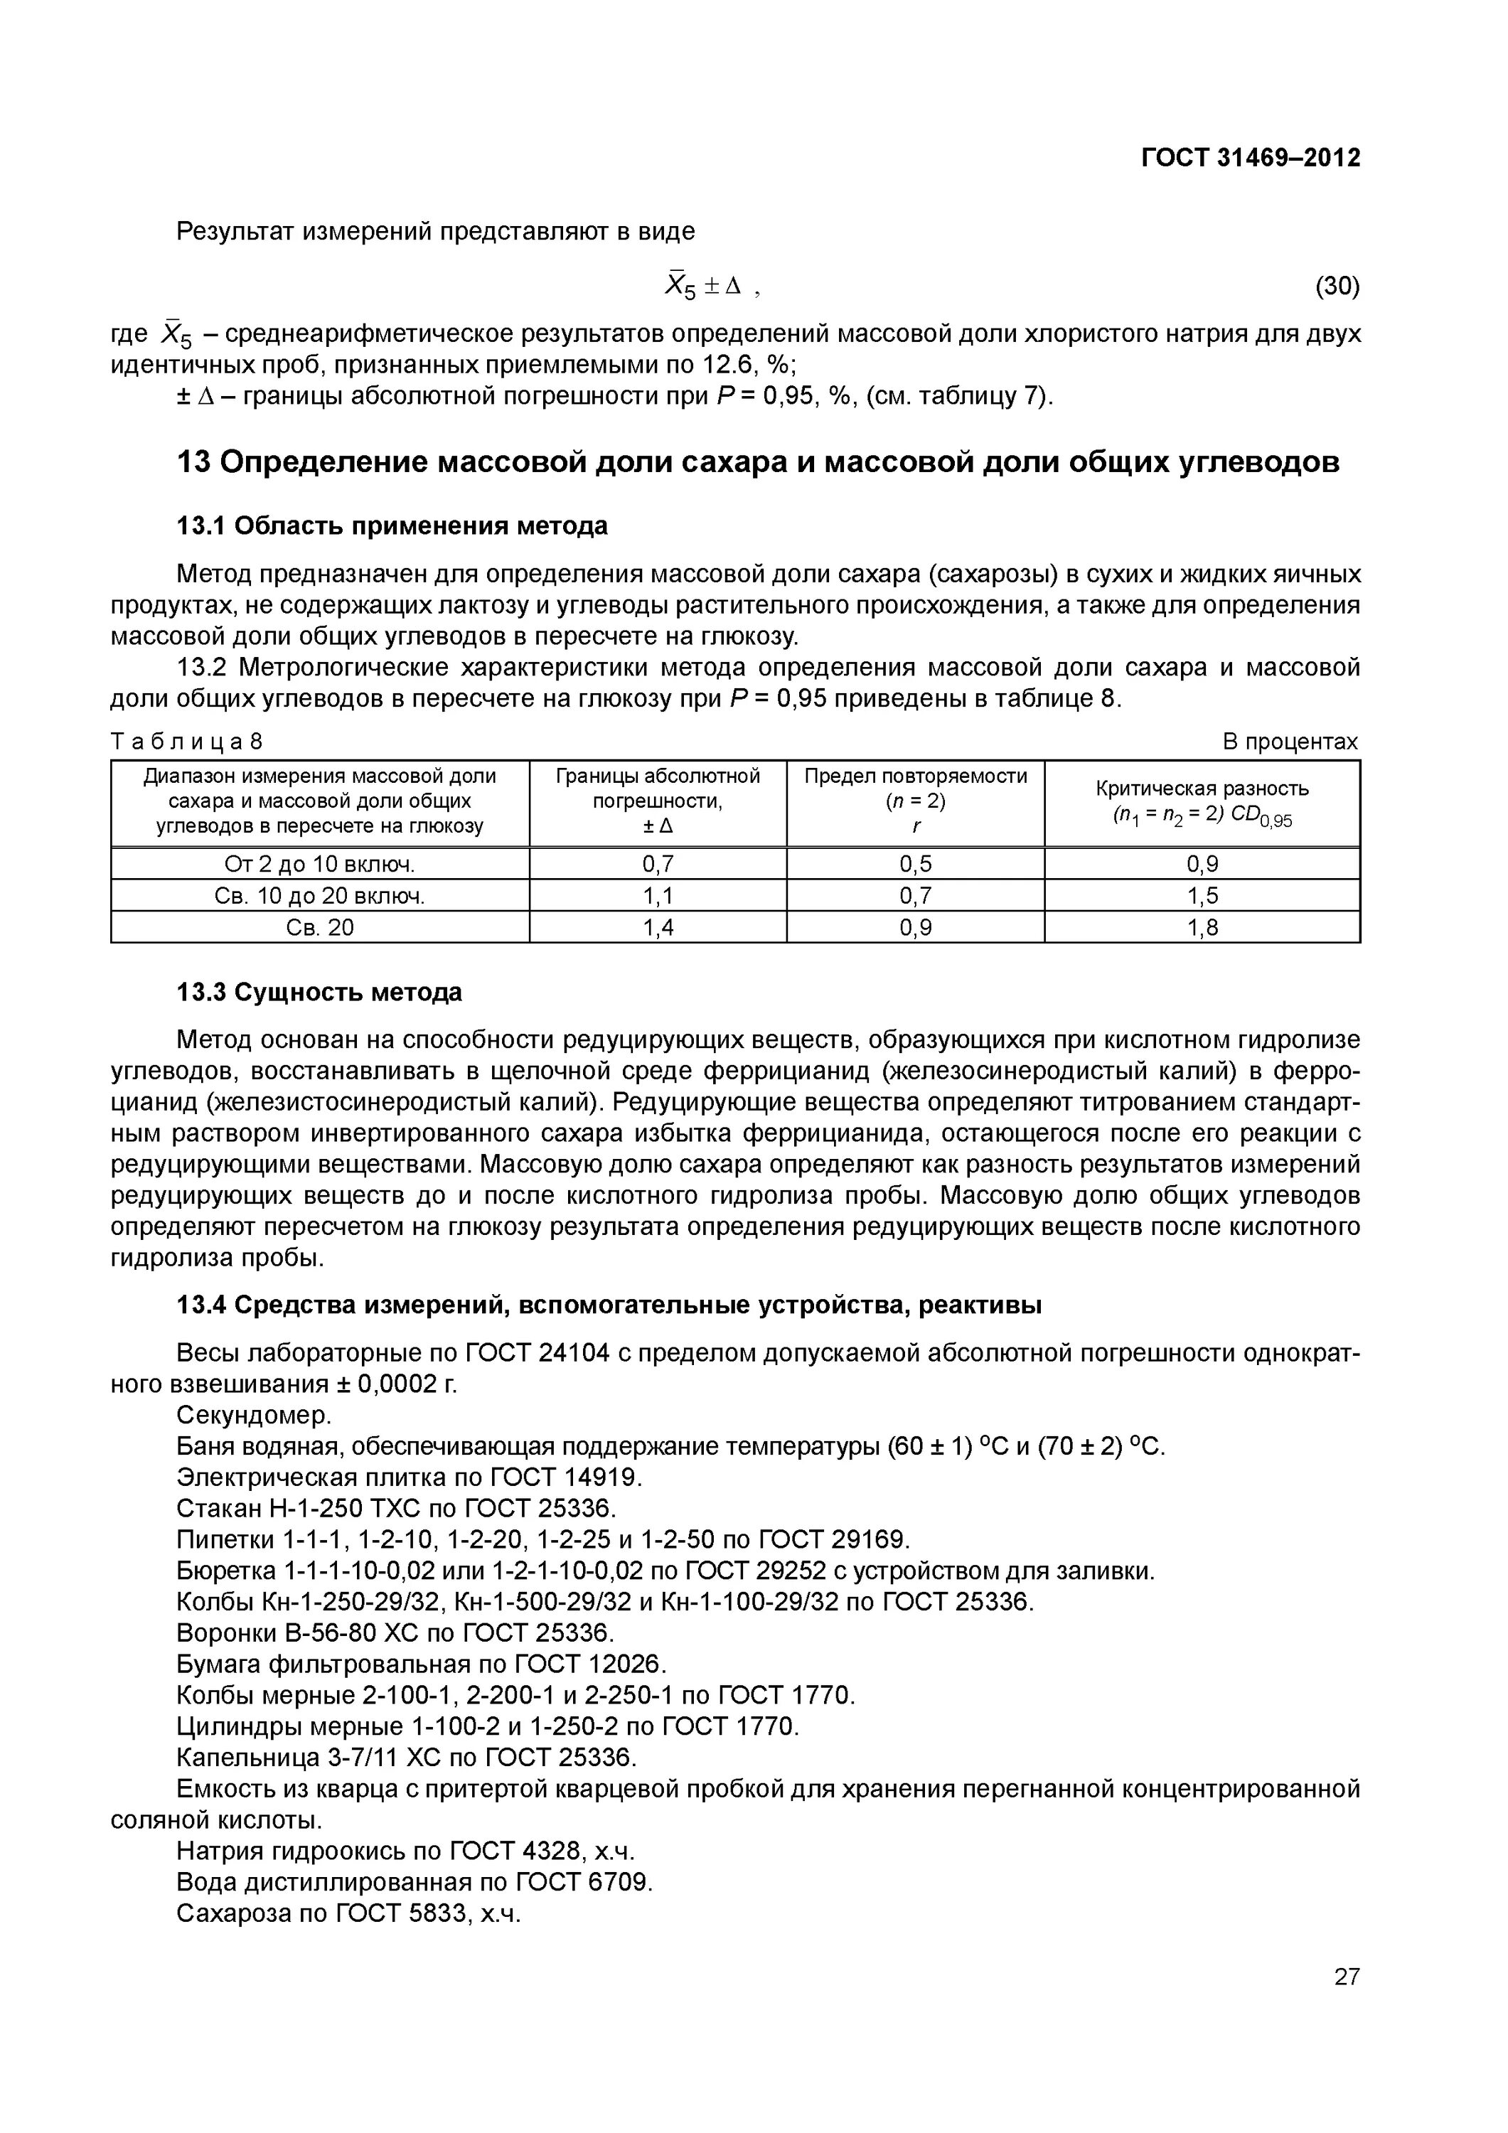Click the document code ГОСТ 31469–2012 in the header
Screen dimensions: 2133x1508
tap(1250, 158)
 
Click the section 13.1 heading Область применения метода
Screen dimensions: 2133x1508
tap(392, 526)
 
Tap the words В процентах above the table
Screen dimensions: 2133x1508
tap(1290, 742)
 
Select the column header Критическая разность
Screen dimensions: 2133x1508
tap(1202, 788)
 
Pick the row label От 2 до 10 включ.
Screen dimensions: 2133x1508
tap(320, 864)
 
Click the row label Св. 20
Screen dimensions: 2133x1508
tap(320, 927)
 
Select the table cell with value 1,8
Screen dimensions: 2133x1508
tap(1202, 927)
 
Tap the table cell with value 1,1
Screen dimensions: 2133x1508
tap(658, 896)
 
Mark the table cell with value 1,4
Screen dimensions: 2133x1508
tap(658, 927)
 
